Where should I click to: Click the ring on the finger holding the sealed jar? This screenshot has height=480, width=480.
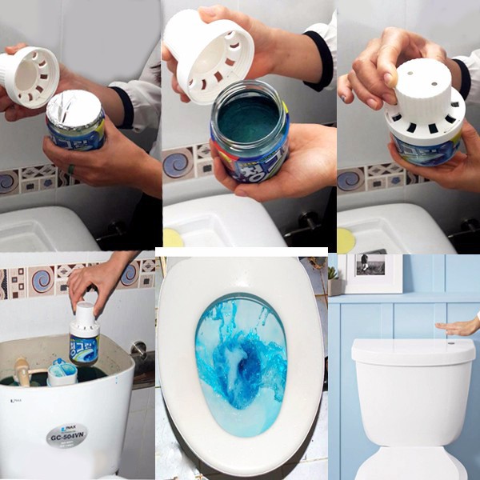(71, 170)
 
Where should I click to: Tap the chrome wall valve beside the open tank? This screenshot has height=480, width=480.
(139, 350)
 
